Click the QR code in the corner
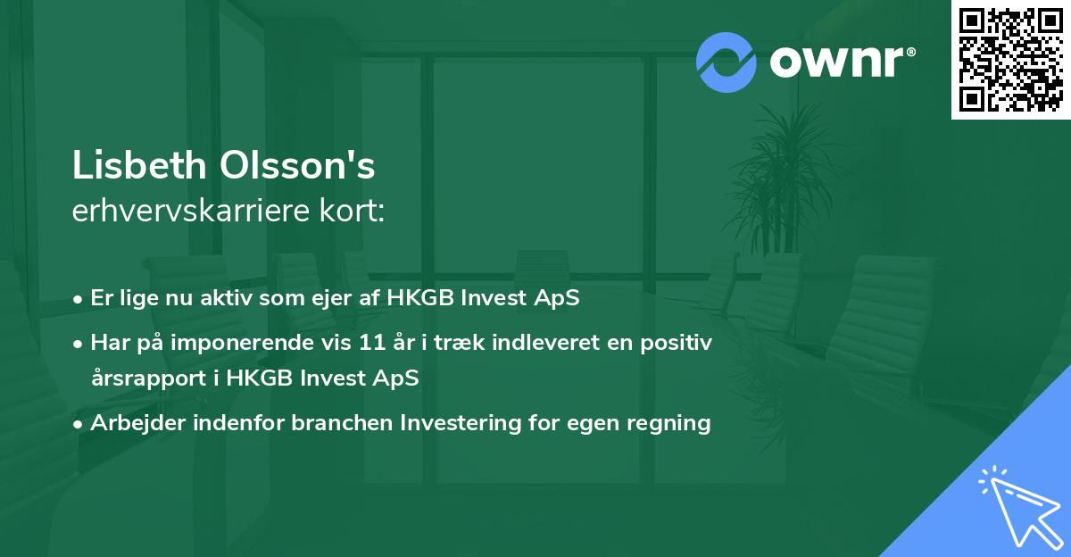1010,60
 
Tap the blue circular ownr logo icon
726,62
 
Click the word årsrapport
146,378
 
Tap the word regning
675,422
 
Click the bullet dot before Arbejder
79,423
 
